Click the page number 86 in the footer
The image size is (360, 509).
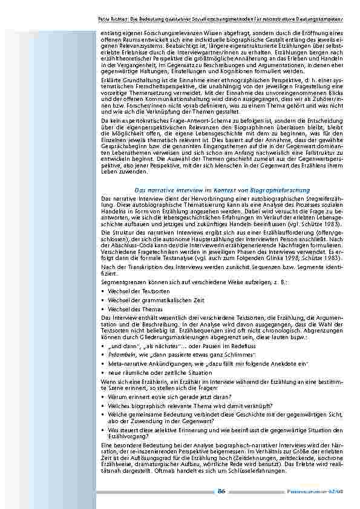(221, 491)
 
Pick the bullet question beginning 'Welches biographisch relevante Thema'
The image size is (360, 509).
(190, 406)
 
